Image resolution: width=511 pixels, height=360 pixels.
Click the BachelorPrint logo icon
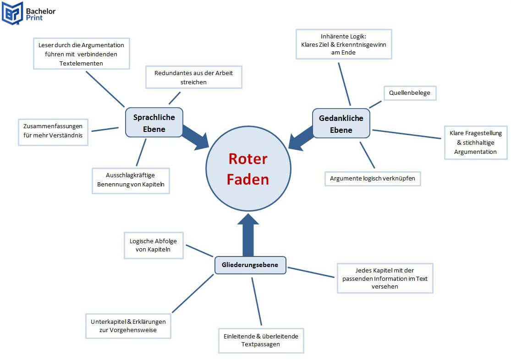pos(12,13)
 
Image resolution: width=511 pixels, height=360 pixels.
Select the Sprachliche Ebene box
pos(154,123)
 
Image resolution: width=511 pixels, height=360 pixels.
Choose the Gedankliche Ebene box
pos(341,124)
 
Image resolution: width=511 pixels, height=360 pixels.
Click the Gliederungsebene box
pos(250,265)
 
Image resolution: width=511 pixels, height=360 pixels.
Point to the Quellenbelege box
pos(410,93)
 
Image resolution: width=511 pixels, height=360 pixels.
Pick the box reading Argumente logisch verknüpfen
pos(372,178)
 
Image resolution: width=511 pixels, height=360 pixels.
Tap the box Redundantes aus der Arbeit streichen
pos(193,77)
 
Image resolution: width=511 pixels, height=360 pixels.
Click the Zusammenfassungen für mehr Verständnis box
pos(53,132)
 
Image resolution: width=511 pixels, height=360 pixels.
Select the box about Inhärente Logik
pos(344,44)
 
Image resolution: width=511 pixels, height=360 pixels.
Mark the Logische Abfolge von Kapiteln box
pos(154,245)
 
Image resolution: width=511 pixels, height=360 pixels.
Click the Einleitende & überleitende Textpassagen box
pos(261,340)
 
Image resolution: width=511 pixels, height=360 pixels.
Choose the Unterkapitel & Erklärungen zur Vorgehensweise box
pos(128,326)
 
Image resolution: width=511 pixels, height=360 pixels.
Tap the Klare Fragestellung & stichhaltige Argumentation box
pos(476,142)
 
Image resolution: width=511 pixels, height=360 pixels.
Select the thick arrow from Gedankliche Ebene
pos(301,139)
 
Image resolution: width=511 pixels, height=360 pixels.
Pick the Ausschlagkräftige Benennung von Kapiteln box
pos(131,180)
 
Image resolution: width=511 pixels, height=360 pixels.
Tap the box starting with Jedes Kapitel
pos(385,278)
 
